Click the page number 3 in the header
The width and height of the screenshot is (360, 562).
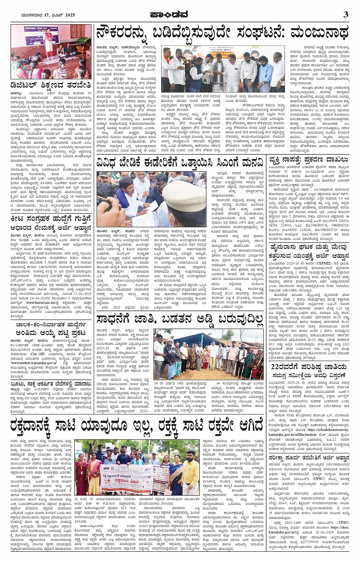pyautogui.click(x=345, y=14)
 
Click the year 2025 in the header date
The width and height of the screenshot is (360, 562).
pyautogui.click(x=69, y=15)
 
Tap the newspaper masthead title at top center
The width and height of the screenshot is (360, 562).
pyautogui.click(x=180, y=14)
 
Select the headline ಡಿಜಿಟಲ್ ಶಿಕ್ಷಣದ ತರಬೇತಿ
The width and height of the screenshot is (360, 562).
pyautogui.click(x=51, y=85)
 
